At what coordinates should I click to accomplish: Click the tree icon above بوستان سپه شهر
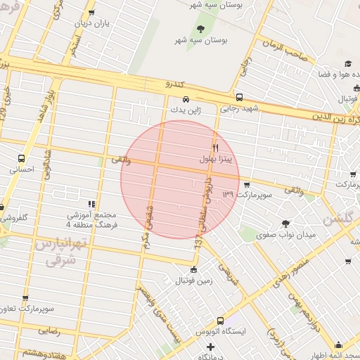(x=202, y=29)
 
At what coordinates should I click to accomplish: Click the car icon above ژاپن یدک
(x=186, y=99)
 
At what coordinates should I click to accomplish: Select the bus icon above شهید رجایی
(x=240, y=98)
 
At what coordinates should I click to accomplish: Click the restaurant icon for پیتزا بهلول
(x=215, y=148)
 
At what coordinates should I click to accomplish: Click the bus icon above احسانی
(x=22, y=158)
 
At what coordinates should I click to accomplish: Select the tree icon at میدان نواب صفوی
(x=285, y=224)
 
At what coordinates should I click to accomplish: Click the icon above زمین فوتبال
(x=194, y=270)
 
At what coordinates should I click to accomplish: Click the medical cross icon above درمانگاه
(x=210, y=347)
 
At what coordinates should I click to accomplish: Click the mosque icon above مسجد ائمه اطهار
(x=338, y=345)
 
